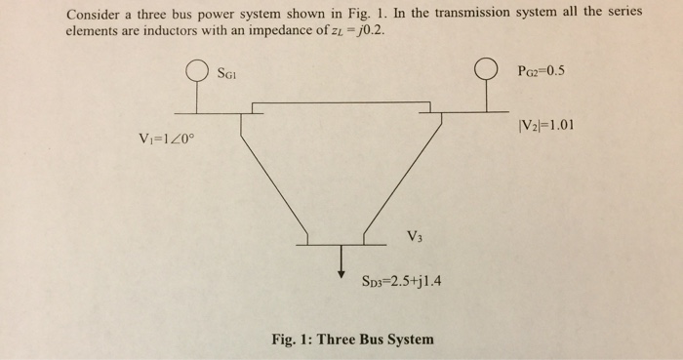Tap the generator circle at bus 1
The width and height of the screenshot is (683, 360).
(x=198, y=72)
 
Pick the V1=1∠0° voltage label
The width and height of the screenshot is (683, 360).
(x=168, y=137)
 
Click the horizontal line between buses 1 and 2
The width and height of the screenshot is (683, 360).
(x=341, y=101)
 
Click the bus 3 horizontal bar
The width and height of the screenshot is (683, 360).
(x=341, y=243)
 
